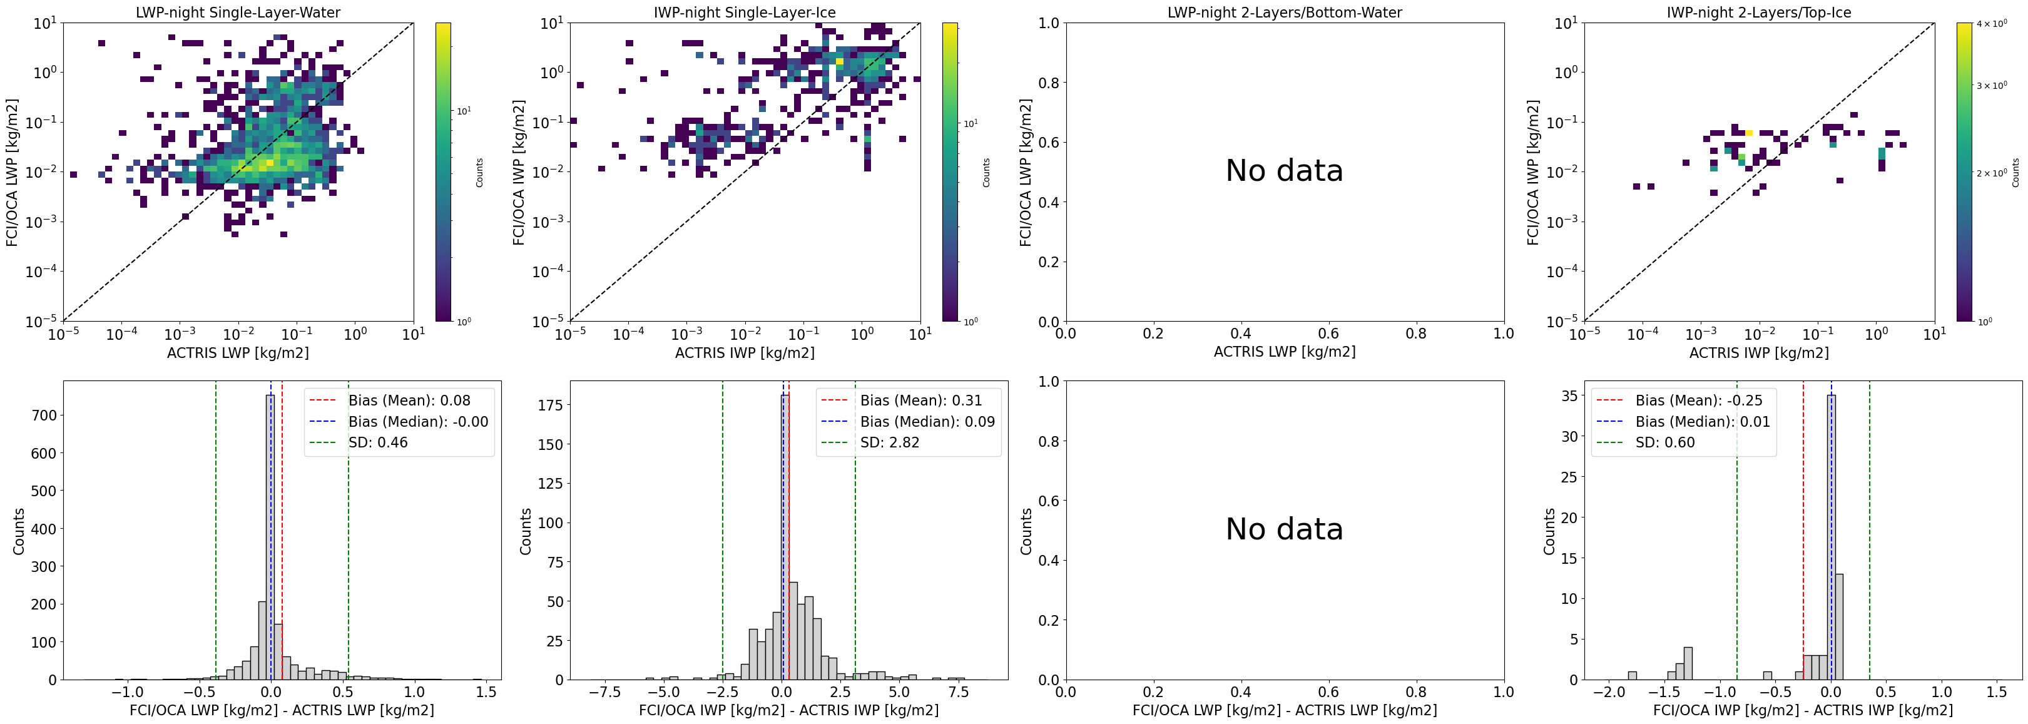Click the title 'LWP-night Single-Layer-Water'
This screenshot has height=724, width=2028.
click(x=238, y=13)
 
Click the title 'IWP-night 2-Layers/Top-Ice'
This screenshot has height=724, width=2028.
click(x=1759, y=13)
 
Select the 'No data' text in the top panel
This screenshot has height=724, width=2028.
click(x=1284, y=171)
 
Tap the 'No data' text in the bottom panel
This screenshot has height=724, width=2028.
click(x=1284, y=529)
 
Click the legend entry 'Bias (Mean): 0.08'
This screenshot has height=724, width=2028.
click(x=409, y=400)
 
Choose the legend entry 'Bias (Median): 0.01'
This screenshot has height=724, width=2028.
click(x=1702, y=422)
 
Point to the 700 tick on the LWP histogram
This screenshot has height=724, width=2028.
click(x=43, y=416)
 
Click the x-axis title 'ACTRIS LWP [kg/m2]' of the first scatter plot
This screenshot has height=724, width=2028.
click(x=238, y=352)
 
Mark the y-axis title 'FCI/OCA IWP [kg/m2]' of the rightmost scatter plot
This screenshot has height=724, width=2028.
click(x=1533, y=171)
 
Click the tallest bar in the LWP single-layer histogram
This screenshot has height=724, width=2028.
click(x=270, y=535)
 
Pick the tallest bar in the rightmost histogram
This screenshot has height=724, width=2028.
click(x=1831, y=535)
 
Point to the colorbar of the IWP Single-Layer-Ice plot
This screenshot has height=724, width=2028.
click(x=949, y=171)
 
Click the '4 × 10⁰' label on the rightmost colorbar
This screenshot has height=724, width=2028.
click(x=1992, y=24)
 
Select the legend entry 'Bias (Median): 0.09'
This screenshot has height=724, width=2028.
click(x=927, y=422)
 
